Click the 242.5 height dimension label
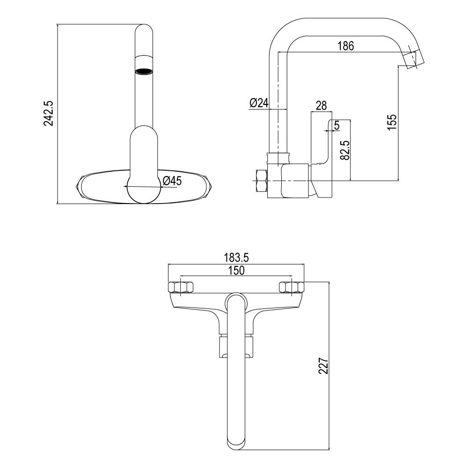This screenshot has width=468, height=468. tap(49, 113)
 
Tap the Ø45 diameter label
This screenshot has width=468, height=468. tap(172, 181)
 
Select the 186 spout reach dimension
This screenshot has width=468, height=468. tap(345, 46)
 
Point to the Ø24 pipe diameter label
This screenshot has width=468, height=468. tap(259, 103)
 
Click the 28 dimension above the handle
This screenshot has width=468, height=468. tap(321, 105)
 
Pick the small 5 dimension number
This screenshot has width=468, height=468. tap(336, 125)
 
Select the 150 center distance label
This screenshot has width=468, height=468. tap(236, 270)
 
